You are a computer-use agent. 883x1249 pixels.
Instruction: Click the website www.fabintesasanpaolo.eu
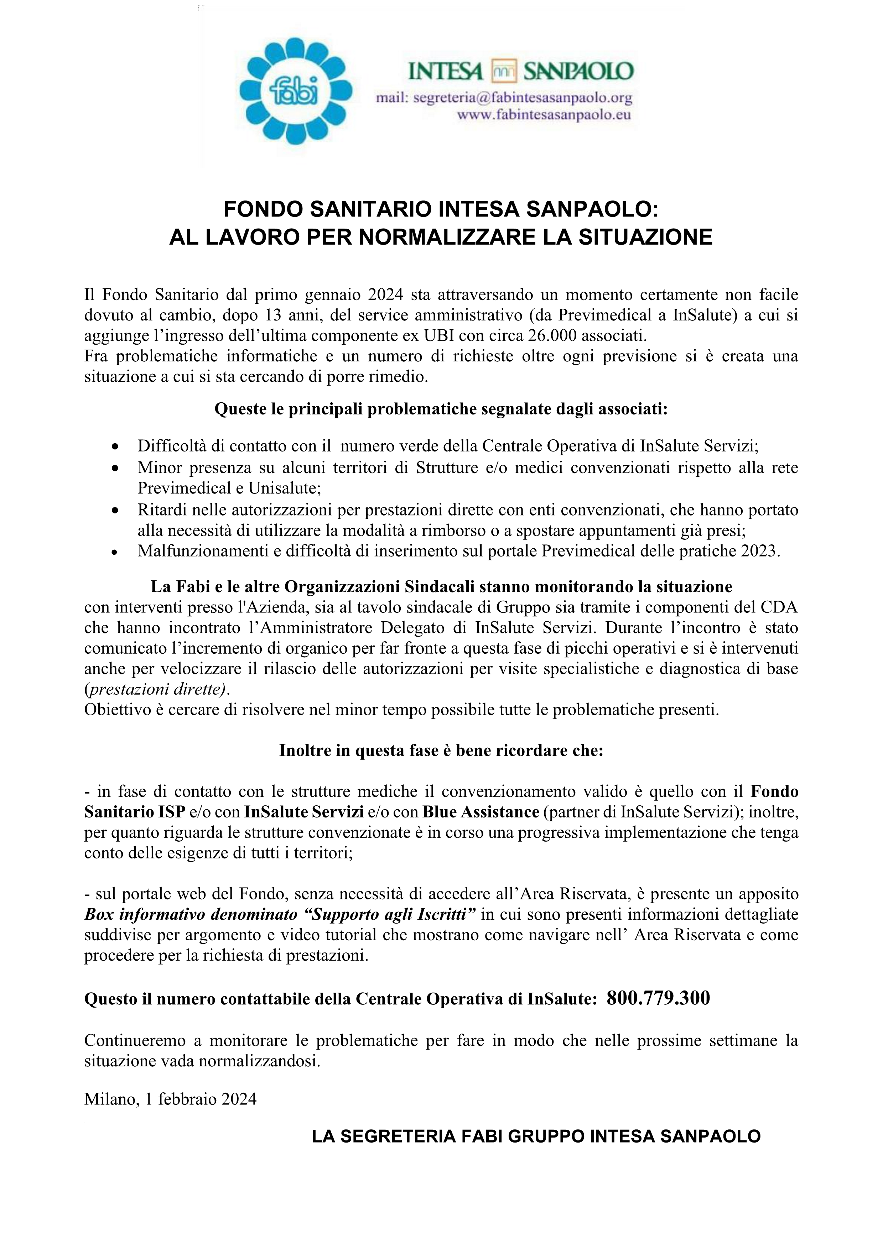coord(544,115)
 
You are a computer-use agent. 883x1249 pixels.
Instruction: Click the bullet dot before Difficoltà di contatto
coord(115,446)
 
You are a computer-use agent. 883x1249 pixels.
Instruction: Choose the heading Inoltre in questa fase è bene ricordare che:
coord(441,751)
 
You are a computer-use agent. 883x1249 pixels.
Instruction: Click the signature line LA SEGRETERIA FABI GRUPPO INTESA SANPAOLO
coord(536,1136)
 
